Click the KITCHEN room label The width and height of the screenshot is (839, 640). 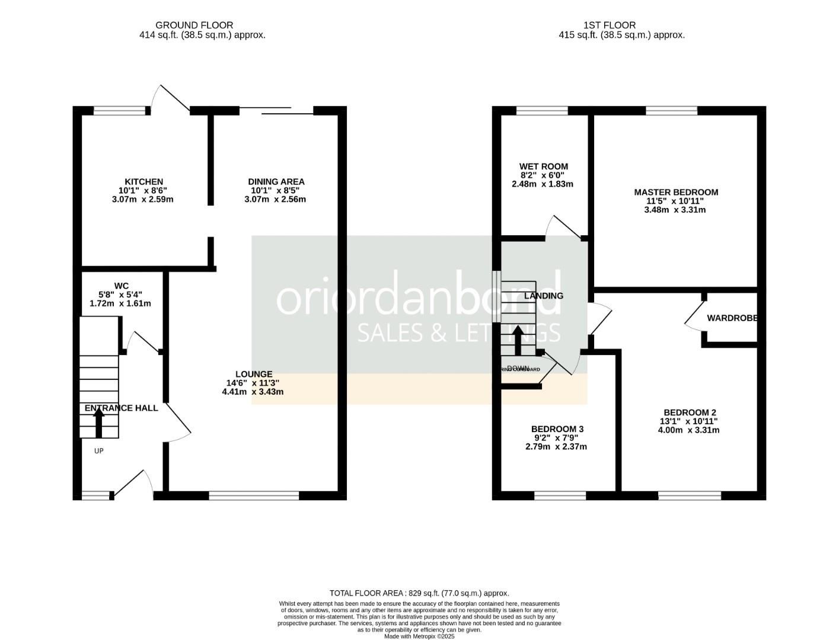(143, 182)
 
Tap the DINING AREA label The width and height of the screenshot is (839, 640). (276, 182)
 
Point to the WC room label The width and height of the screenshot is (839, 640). (121, 286)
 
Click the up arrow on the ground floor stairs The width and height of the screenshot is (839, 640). (99, 422)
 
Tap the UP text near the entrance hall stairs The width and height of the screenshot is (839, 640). (99, 451)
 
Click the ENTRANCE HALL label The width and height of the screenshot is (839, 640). (121, 408)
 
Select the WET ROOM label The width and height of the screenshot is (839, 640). (543, 167)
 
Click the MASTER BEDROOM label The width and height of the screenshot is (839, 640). (676, 192)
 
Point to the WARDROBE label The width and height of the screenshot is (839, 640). (732, 318)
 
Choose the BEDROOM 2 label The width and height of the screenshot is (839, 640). (690, 412)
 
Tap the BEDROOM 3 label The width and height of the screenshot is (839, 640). (557, 429)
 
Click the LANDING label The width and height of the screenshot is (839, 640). (544, 296)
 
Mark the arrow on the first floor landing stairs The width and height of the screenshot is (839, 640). (517, 340)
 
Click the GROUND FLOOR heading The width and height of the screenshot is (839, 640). (194, 25)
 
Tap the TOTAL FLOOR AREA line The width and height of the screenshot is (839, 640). (419, 593)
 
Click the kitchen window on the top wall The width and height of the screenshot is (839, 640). (119, 110)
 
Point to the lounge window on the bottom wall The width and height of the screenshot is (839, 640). (254, 495)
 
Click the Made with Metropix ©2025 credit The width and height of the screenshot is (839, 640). (419, 636)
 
